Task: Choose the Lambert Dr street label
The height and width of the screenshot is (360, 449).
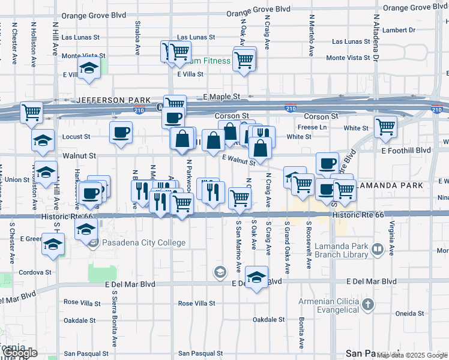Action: point(402,30)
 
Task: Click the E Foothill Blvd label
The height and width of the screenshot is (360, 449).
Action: point(406,150)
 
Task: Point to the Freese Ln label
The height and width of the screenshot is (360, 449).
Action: point(310,127)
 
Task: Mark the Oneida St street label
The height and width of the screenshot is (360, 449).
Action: point(410,313)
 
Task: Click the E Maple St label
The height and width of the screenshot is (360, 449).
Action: point(221,97)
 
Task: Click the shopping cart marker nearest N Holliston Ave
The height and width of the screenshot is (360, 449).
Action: point(31,112)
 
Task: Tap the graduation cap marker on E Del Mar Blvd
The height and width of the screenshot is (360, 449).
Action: point(256,277)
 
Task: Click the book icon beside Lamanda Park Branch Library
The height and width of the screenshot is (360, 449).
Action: point(378,248)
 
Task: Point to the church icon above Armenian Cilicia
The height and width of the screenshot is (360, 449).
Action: point(368,305)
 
